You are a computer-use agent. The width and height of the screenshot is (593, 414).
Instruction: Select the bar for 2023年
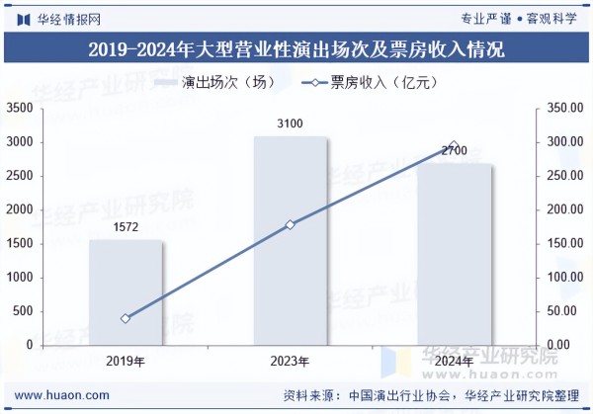click(x=291, y=241)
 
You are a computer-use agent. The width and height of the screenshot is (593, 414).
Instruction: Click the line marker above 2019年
click(x=126, y=318)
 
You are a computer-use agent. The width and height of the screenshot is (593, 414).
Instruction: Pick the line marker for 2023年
click(x=291, y=225)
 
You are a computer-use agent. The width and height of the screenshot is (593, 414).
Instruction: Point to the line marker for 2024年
click(x=454, y=146)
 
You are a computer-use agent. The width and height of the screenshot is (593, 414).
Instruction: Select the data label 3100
click(x=290, y=124)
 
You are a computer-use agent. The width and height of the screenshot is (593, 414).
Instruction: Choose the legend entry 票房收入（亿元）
click(x=371, y=83)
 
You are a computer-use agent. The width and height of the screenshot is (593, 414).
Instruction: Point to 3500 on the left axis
click(x=20, y=108)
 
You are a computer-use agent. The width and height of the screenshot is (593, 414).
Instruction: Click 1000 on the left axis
click(x=20, y=278)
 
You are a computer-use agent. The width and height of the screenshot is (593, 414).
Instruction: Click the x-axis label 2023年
click(x=291, y=361)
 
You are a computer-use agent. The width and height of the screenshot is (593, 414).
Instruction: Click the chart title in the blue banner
click(x=296, y=49)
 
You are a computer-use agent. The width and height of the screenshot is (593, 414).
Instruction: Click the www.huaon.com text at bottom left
click(x=62, y=394)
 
